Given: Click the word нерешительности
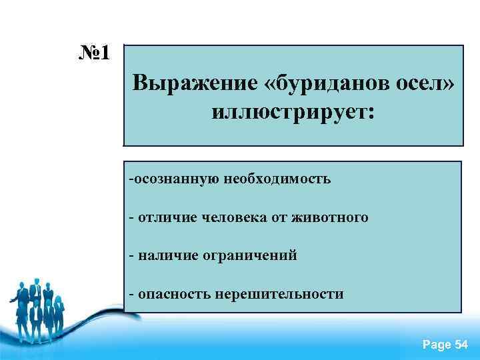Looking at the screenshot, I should click(x=280, y=293).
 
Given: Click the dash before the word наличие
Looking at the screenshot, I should click(x=132, y=255).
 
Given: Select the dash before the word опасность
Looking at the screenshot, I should click(x=132, y=293).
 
